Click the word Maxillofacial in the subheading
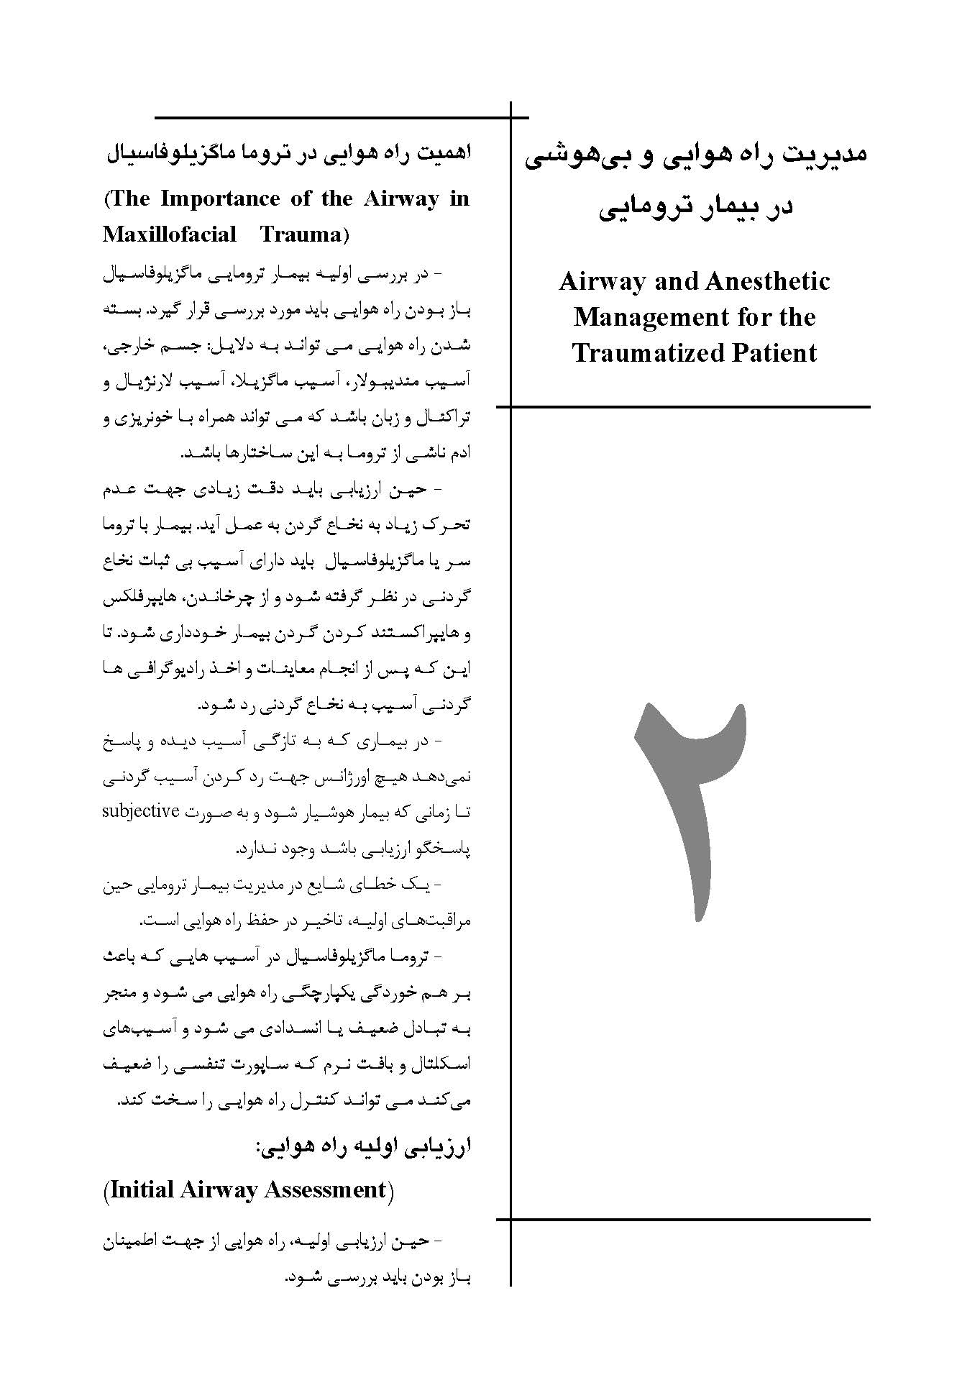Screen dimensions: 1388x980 point(169,234)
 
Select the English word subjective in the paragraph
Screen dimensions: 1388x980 point(140,811)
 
